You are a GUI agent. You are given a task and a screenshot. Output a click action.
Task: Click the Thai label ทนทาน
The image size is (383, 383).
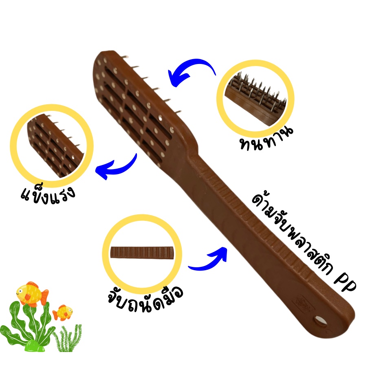(266, 139)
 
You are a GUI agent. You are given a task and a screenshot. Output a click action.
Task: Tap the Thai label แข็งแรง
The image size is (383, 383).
(48, 195)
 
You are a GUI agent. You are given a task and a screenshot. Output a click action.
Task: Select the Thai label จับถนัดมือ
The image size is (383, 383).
(145, 299)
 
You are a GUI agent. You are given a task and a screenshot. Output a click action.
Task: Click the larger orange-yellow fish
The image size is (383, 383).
(32, 294)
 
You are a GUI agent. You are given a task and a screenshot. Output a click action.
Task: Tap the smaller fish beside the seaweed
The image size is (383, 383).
(63, 313)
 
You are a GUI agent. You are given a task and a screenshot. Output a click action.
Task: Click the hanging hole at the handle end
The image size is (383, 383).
(320, 320)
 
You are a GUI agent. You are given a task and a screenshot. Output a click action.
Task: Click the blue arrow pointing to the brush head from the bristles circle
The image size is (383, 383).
(193, 65)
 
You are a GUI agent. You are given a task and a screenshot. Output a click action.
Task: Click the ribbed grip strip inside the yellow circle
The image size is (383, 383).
(142, 252)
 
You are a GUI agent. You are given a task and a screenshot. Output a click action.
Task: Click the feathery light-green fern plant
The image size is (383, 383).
(68, 339)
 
